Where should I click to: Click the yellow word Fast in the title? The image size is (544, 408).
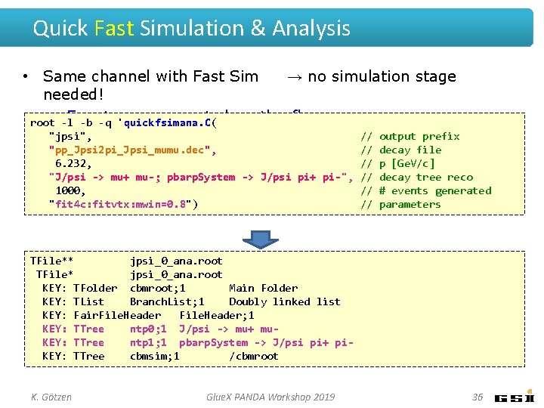(114, 29)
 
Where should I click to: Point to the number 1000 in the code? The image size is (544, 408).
(70, 191)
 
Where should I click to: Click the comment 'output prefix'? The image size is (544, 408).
(419, 137)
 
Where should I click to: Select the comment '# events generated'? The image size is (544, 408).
(435, 191)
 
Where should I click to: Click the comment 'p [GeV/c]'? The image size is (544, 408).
(407, 164)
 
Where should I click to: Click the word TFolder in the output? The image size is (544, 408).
(95, 288)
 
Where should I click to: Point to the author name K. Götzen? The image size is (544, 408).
(51, 397)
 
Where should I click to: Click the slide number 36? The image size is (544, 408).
(477, 397)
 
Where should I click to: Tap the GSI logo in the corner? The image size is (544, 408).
(515, 397)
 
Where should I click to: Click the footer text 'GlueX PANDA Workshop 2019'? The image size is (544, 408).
(271, 397)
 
